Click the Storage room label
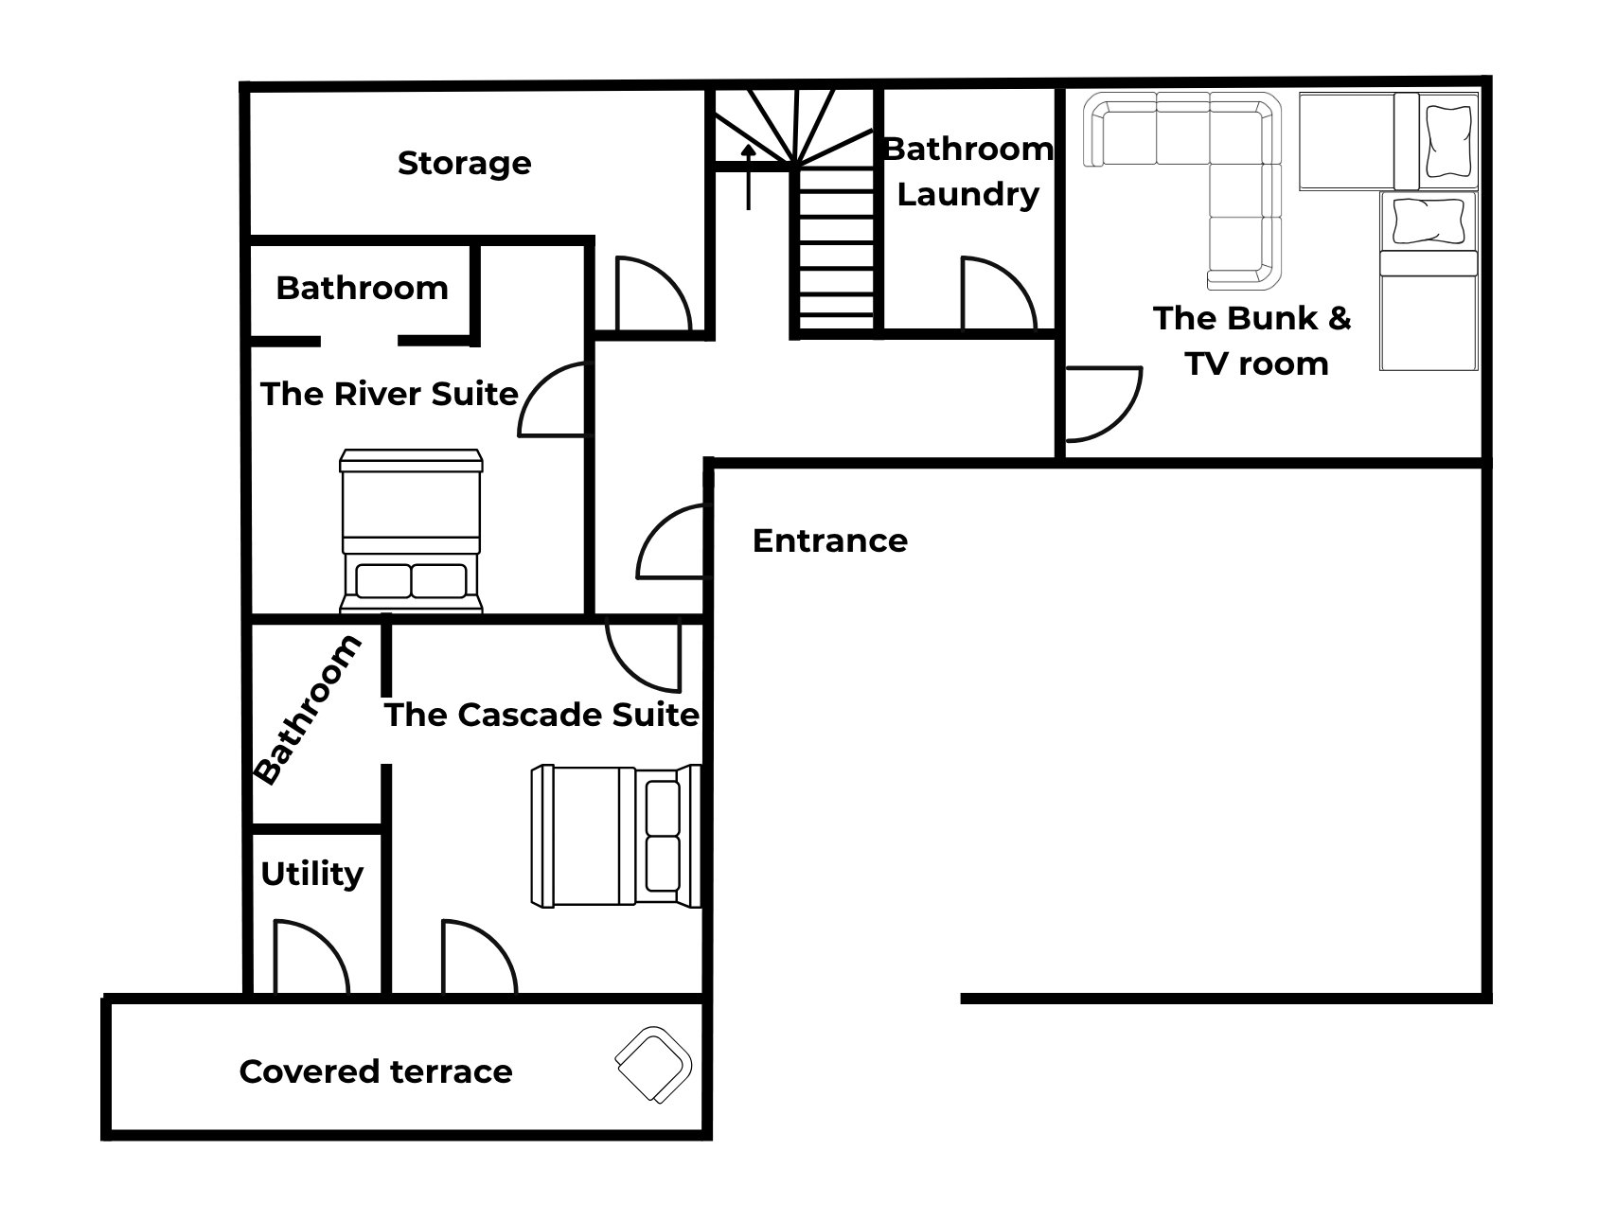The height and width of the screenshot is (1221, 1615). (x=464, y=164)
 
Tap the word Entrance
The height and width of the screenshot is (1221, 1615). (x=830, y=540)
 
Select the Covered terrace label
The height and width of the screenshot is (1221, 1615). (x=376, y=1071)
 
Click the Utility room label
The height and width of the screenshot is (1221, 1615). (x=311, y=874)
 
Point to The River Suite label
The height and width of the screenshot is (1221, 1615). (x=389, y=394)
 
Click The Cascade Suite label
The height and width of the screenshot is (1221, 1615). (x=541, y=715)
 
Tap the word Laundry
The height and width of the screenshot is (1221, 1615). (x=968, y=195)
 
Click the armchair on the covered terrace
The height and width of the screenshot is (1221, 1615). (x=653, y=1064)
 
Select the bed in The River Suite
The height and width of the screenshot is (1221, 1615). (x=412, y=531)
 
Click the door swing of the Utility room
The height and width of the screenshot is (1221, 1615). (x=311, y=956)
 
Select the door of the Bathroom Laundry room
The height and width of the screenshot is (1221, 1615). (x=999, y=292)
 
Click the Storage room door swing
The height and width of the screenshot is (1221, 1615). (x=653, y=292)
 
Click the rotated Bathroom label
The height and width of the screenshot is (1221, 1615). (x=308, y=710)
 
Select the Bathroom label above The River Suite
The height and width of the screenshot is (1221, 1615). (x=362, y=288)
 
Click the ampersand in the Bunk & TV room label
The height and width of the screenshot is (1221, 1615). (x=1338, y=318)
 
